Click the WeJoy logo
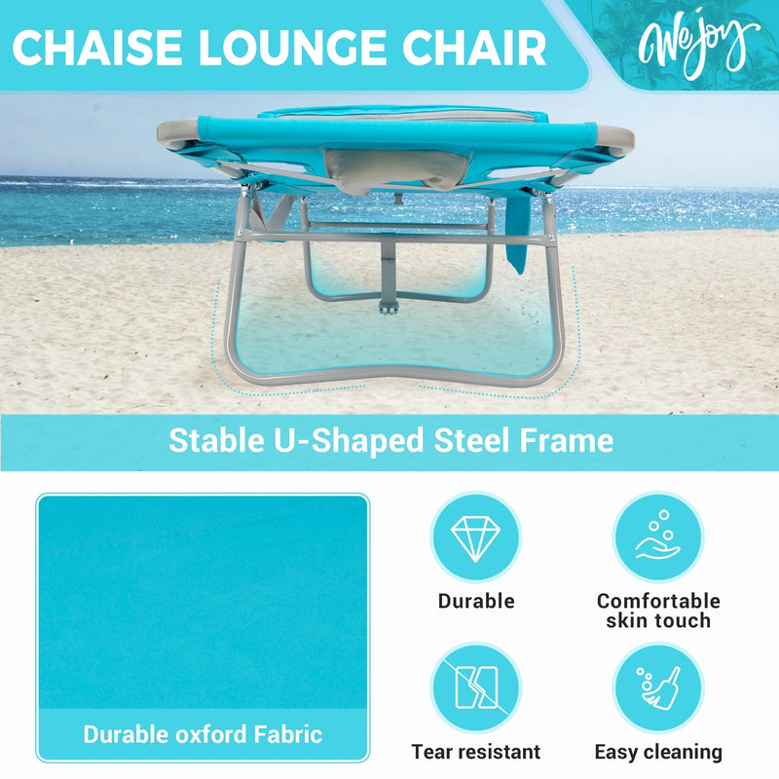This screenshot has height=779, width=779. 698,44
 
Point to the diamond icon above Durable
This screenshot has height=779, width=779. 475,537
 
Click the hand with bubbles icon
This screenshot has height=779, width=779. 658,537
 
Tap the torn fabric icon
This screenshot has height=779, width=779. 475,687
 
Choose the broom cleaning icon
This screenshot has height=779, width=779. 658,687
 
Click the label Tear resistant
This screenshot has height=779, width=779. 475,752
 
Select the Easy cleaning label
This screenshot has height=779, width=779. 658,752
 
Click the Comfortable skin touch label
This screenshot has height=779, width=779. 658,611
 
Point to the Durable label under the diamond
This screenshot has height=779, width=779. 475,601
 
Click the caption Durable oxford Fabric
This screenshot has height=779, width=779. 203,733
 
